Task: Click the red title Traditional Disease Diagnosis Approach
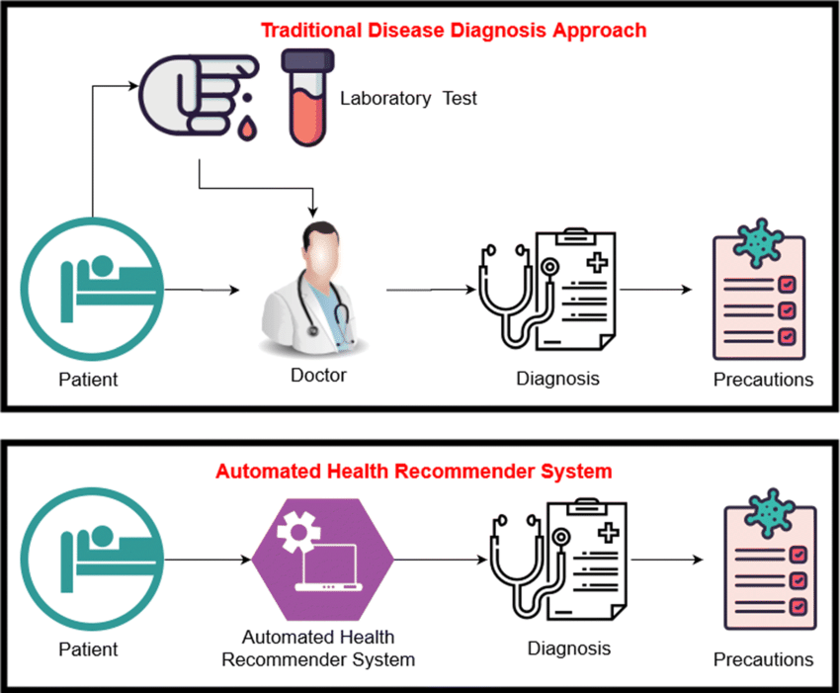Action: tap(454, 31)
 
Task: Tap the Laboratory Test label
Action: tap(408, 99)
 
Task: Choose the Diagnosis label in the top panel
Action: tap(557, 378)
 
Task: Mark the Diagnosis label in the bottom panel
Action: tap(568, 649)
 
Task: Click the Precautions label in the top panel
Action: tap(764, 379)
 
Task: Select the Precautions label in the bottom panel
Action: tap(764, 659)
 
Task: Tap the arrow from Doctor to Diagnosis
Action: tap(428, 290)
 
